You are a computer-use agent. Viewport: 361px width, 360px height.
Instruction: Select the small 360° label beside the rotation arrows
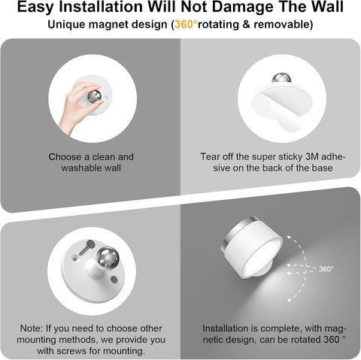[326, 268]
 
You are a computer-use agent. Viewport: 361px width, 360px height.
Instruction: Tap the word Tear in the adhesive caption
[211, 156]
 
